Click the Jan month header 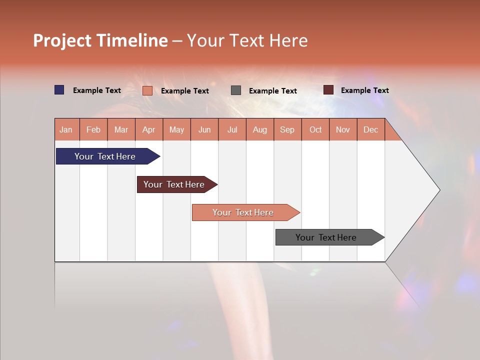click(x=66, y=129)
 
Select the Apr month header click(x=148, y=129)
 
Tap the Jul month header click(x=232, y=129)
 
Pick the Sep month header click(x=287, y=129)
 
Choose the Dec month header click(x=370, y=129)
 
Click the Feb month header click(x=93, y=129)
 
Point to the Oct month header click(x=315, y=129)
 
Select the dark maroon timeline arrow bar click(x=175, y=184)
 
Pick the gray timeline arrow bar click(x=327, y=237)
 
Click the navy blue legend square click(x=59, y=90)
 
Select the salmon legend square click(x=147, y=90)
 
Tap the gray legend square click(x=236, y=90)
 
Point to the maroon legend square click(x=328, y=90)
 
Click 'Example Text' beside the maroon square click(x=364, y=90)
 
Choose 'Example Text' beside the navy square click(x=97, y=90)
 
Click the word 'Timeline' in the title click(x=132, y=40)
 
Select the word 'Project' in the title click(x=62, y=40)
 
